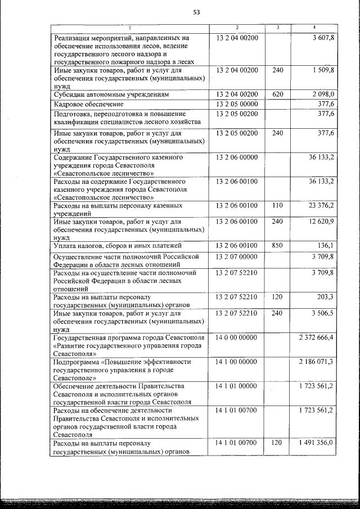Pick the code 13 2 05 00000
pyautogui.click(x=237, y=104)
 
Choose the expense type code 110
pyautogui.click(x=277, y=205)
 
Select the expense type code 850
pyautogui.click(x=277, y=246)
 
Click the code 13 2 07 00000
pyautogui.click(x=237, y=256)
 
